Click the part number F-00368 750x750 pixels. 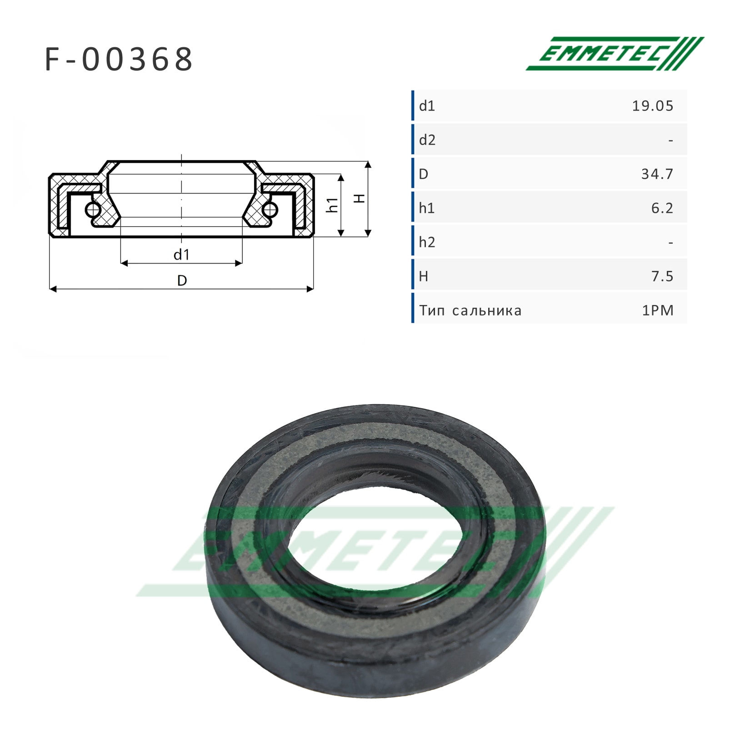tap(119, 60)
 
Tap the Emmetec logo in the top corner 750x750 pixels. tap(615, 54)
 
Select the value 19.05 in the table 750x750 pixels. tap(653, 106)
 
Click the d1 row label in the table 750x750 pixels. tap(427, 106)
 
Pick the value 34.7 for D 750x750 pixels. tap(657, 174)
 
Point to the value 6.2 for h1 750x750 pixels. tap(662, 208)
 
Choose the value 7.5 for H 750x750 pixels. tap(662, 276)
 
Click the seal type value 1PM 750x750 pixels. tap(658, 310)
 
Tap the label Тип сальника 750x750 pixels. tap(470, 311)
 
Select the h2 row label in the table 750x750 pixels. tap(427, 242)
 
